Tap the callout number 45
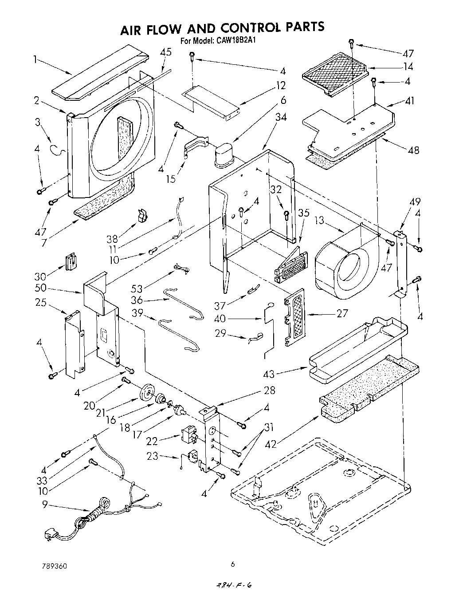[x=165, y=52]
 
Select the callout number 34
[x=281, y=117]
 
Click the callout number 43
[x=270, y=374]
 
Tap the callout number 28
[x=269, y=391]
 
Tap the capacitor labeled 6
[x=226, y=155]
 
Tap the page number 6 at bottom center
[x=232, y=564]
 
